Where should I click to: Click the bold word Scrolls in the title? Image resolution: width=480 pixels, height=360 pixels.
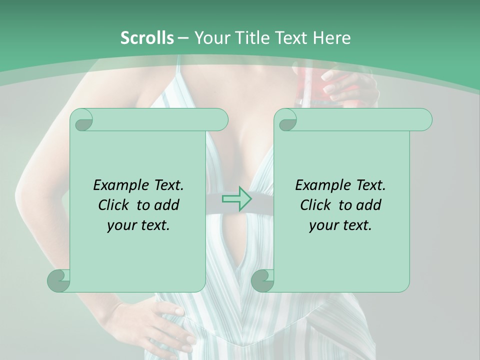(147, 38)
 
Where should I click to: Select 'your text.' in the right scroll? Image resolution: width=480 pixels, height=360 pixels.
(340, 225)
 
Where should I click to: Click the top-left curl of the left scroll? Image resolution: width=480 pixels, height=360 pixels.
(81, 120)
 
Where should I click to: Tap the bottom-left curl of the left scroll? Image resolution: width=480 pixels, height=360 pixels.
(59, 280)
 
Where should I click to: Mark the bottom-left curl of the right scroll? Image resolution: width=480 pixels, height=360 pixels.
(263, 280)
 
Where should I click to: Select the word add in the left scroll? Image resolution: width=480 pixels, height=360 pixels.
(167, 205)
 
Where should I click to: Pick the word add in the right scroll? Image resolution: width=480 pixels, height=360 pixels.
(369, 205)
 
